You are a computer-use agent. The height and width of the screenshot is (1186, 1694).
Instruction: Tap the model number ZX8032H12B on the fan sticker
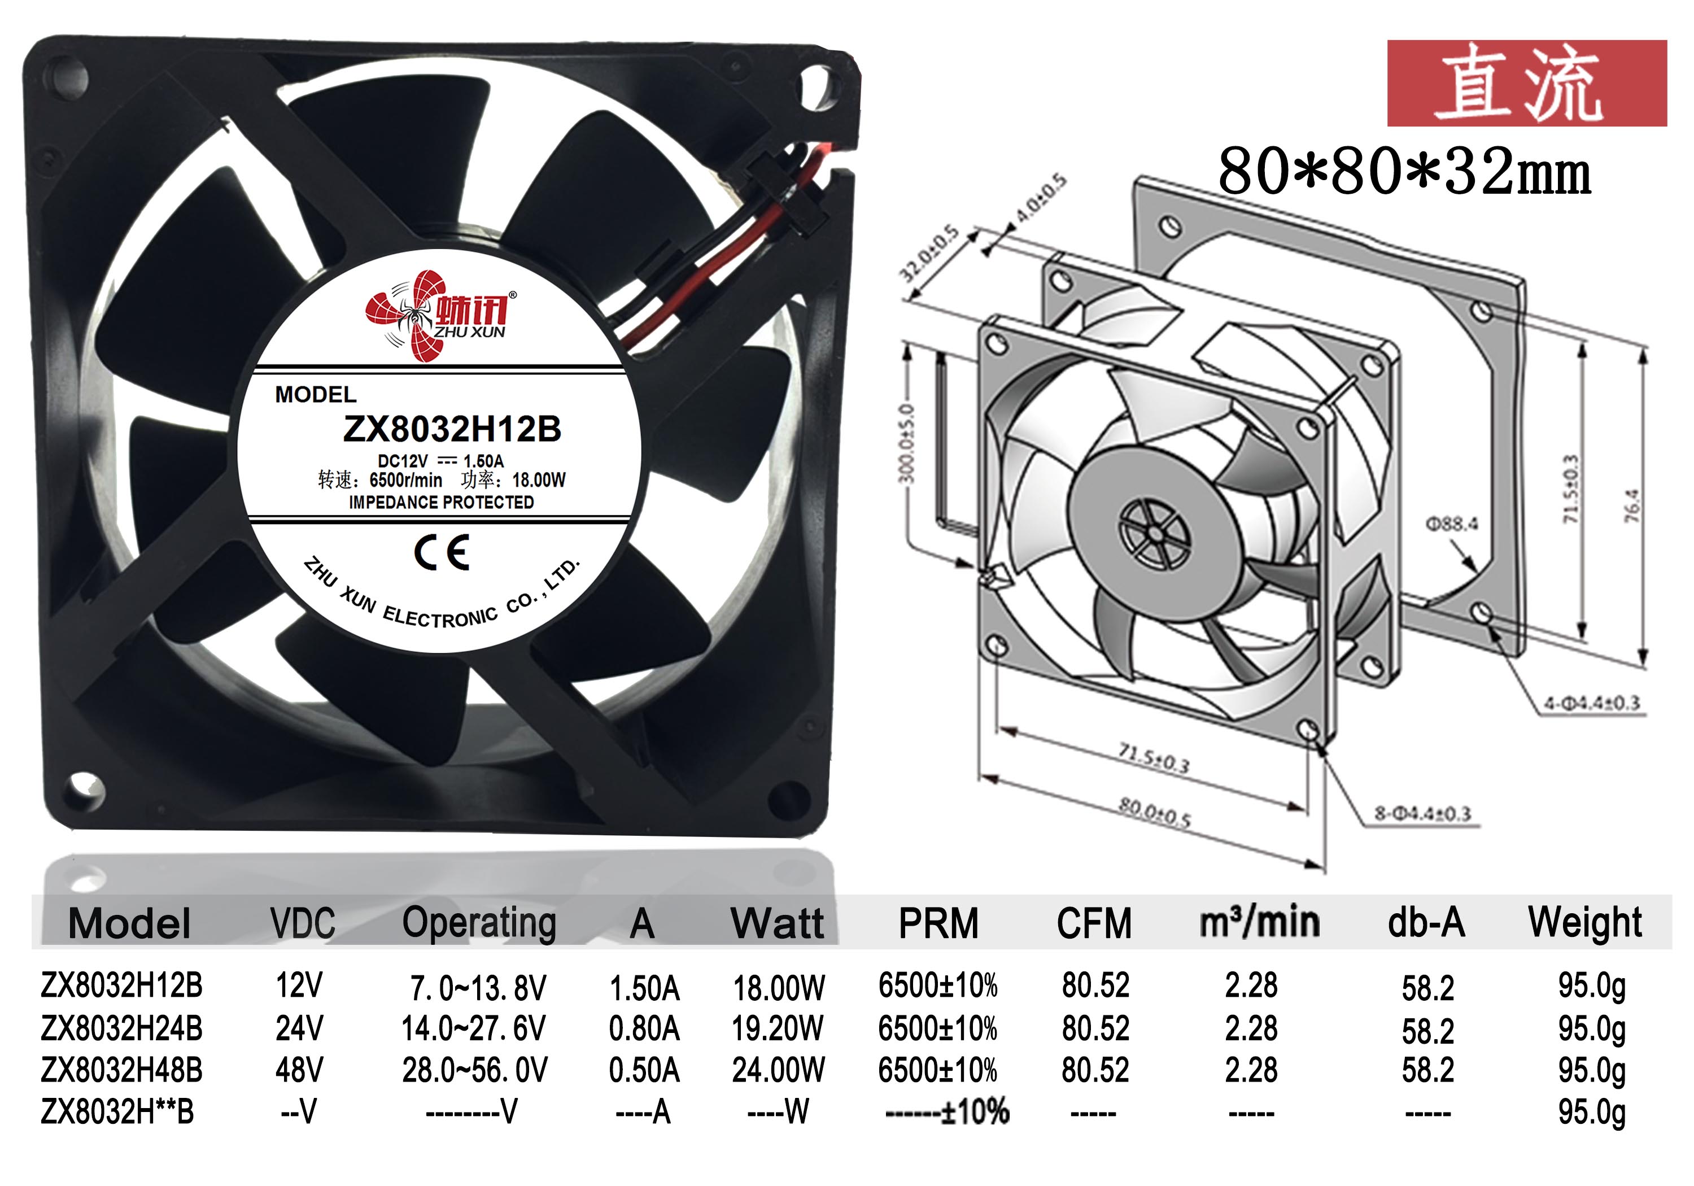(x=452, y=429)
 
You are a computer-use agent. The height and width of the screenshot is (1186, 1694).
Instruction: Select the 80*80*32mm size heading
(x=1404, y=171)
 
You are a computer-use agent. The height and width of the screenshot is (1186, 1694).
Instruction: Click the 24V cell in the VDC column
(x=299, y=1028)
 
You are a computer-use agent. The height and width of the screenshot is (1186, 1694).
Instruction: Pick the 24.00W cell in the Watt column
(x=778, y=1070)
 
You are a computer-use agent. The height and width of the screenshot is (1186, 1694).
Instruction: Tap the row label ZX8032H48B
(x=122, y=1070)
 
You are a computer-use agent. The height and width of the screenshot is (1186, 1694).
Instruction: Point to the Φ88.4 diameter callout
(x=1451, y=524)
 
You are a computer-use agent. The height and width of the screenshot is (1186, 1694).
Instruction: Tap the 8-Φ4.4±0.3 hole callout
(x=1422, y=813)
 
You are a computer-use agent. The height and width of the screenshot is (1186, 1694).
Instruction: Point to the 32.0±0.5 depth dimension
(x=928, y=253)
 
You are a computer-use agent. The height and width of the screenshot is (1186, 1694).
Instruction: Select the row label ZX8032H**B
(x=117, y=1111)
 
